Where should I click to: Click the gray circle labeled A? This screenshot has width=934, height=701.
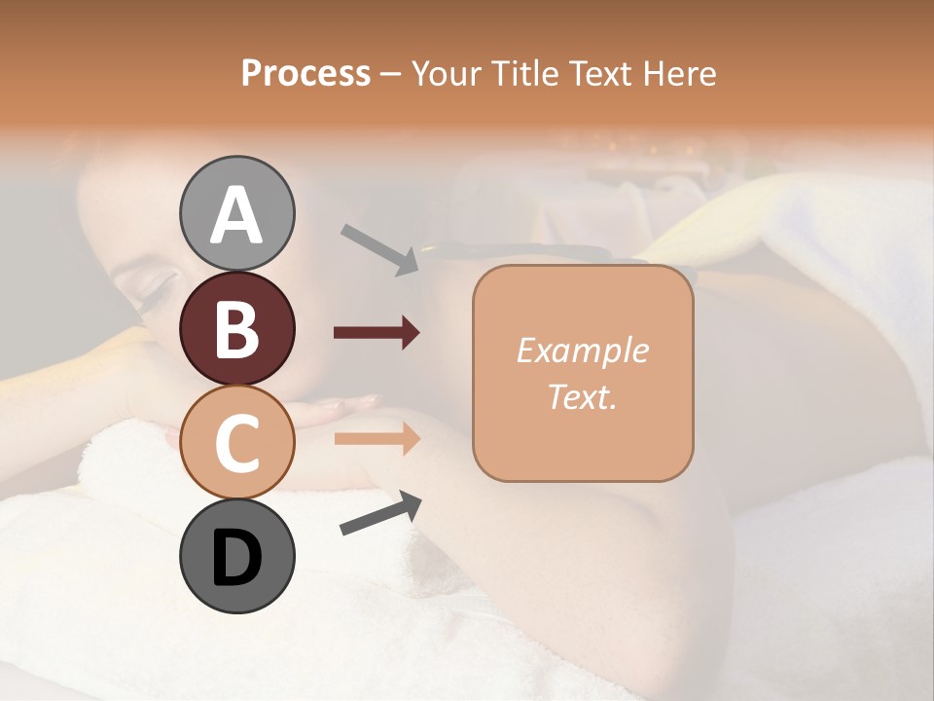236,213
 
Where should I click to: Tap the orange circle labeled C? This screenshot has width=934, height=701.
236,442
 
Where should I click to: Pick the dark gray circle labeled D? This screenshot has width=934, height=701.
236,556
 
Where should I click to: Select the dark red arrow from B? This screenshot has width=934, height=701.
377,333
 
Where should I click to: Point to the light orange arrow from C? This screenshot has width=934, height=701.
377,438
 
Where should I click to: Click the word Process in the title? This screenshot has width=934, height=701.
305,73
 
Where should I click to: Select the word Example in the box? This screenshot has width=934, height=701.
582,350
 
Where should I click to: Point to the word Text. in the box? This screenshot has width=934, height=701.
582,396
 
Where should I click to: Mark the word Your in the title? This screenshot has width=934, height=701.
448,73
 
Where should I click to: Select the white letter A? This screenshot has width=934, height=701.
236,215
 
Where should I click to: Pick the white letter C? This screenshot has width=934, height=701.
236,443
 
